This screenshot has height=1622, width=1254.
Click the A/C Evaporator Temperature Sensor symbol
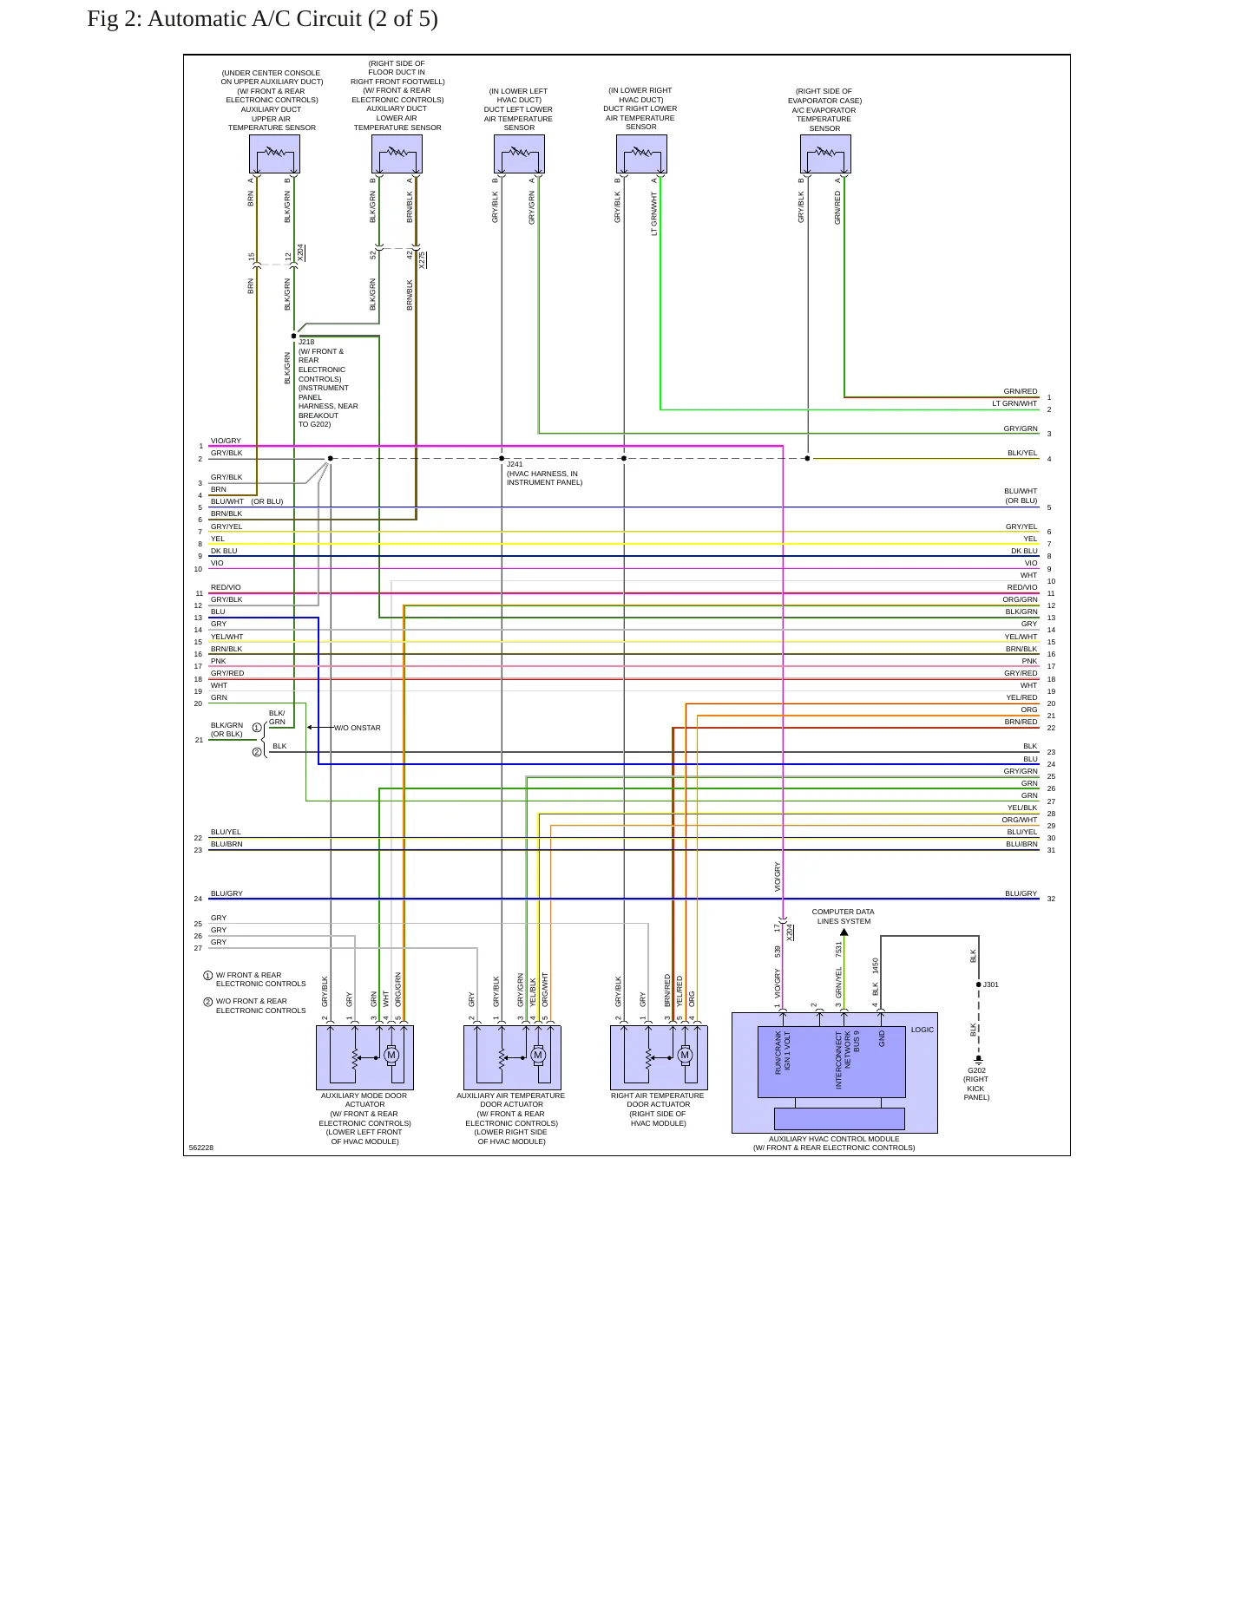click(825, 154)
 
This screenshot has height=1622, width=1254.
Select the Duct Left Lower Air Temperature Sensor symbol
click(519, 154)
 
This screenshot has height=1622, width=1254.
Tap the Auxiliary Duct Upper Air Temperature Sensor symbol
click(274, 154)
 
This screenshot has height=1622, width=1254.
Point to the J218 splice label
click(306, 342)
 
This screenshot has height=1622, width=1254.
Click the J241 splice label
click(515, 464)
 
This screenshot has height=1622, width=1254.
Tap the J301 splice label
click(990, 984)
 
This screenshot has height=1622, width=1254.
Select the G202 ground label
click(976, 1070)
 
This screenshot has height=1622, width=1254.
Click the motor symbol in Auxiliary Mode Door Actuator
click(391, 1056)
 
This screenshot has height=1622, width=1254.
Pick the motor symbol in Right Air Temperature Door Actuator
click(685, 1056)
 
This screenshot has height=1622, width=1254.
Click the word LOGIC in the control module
click(922, 1030)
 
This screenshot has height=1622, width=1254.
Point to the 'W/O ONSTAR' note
click(358, 728)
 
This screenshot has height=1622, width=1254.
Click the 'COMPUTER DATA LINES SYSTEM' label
click(844, 917)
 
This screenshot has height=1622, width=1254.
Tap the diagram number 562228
click(201, 1148)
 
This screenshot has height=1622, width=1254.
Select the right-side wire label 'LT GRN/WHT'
click(1014, 403)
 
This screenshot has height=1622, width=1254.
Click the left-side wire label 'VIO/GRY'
click(226, 441)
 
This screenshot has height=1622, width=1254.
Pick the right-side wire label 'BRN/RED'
click(1021, 722)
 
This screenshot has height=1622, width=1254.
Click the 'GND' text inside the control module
click(882, 1038)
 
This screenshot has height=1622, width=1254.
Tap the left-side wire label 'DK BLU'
click(224, 551)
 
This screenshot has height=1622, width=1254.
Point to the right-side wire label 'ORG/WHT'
click(1020, 820)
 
